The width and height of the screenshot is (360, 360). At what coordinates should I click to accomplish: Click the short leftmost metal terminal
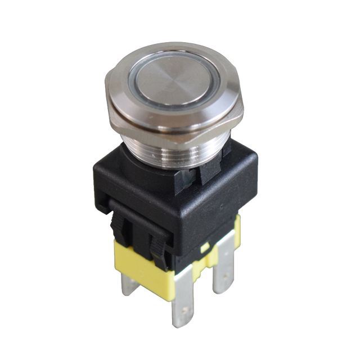coord(128,284)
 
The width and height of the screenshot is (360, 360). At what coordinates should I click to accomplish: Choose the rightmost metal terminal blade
coord(225,270)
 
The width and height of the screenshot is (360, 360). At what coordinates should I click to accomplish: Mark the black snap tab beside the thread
coord(209,169)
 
